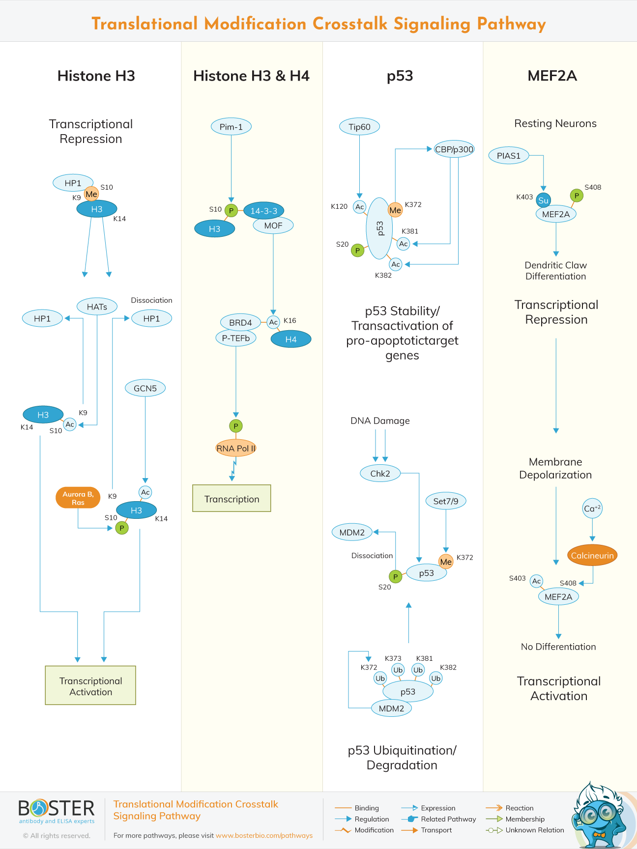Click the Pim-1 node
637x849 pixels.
coord(231,127)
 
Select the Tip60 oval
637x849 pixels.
coord(359,127)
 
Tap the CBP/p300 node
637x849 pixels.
coord(454,149)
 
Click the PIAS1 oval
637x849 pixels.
coord(508,156)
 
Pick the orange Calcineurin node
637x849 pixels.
coord(592,556)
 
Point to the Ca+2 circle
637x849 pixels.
coord(592,509)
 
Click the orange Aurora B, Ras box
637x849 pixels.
coord(78,498)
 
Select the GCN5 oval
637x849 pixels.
coord(145,388)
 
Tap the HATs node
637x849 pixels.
coord(97,307)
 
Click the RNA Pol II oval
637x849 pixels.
coord(236,448)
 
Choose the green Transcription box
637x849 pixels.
coord(232,499)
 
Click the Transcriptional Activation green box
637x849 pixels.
coord(90,686)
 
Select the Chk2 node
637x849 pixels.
coord(380,474)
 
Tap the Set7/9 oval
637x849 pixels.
coord(445,501)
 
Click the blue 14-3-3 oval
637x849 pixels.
coord(263,211)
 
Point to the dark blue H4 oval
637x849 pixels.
coord(290,339)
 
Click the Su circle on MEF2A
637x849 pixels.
coord(543,200)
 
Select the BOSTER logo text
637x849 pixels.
coord(57,809)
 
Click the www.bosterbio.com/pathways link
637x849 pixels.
coord(264,835)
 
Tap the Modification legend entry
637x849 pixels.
coord(374,830)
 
